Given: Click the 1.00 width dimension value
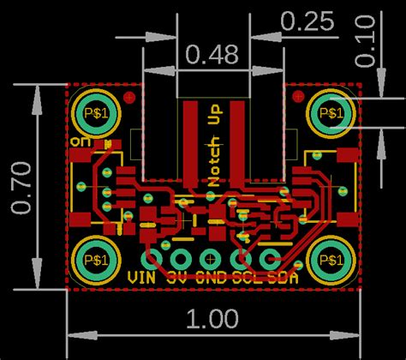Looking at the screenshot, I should (x=211, y=320).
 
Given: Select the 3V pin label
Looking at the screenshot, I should (x=177, y=278).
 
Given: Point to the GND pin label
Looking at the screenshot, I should (x=210, y=278).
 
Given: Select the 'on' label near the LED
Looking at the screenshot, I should (x=82, y=140).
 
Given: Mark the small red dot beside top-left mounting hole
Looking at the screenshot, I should (x=128, y=98).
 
